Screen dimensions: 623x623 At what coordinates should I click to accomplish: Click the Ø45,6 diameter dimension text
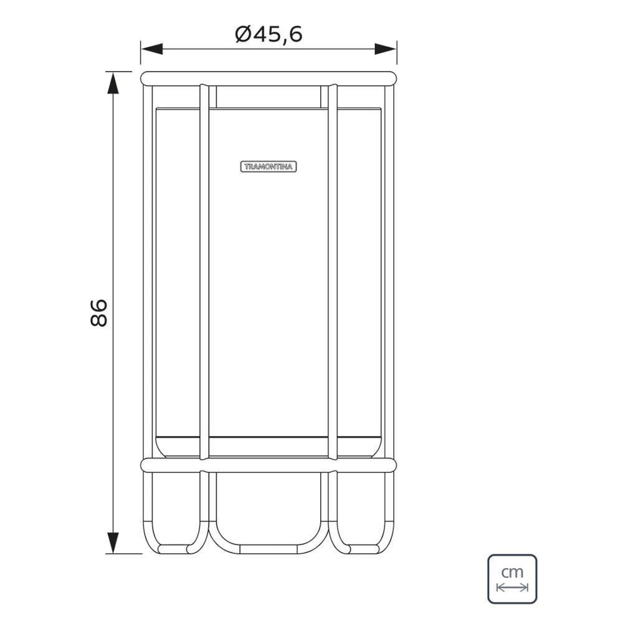(269, 34)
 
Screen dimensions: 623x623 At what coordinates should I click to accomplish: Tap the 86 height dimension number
(99, 313)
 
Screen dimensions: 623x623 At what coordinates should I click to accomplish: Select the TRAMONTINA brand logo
(269, 166)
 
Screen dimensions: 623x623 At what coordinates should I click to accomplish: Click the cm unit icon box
(512, 579)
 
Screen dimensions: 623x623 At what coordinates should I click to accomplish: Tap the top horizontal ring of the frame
(268, 78)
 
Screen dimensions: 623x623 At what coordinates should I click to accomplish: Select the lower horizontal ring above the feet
(268, 465)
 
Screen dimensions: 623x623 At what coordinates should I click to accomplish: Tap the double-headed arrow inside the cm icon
(512, 587)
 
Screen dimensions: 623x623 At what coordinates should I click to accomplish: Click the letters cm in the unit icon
(512, 571)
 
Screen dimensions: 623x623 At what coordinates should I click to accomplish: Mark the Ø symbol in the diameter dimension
(244, 34)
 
